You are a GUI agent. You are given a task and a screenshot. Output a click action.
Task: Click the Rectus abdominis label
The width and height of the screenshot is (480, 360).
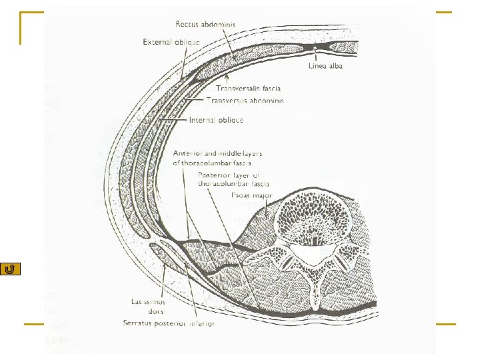pos(205,25)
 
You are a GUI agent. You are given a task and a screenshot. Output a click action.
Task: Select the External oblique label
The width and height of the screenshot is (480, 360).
pos(171,42)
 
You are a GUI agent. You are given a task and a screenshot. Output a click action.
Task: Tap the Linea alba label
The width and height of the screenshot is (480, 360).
pos(326,66)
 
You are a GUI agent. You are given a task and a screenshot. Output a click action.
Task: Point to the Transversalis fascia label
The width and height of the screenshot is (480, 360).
pos(248,88)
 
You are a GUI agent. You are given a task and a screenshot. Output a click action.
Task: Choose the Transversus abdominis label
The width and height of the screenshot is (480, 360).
pos(245,100)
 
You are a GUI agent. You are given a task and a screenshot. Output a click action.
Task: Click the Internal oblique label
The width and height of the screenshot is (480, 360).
pos(216,120)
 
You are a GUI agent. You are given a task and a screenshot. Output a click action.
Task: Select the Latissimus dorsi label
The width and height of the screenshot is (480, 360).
pos(148,307)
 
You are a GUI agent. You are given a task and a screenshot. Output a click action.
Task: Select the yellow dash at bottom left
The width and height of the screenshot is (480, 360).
pos(34,325)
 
